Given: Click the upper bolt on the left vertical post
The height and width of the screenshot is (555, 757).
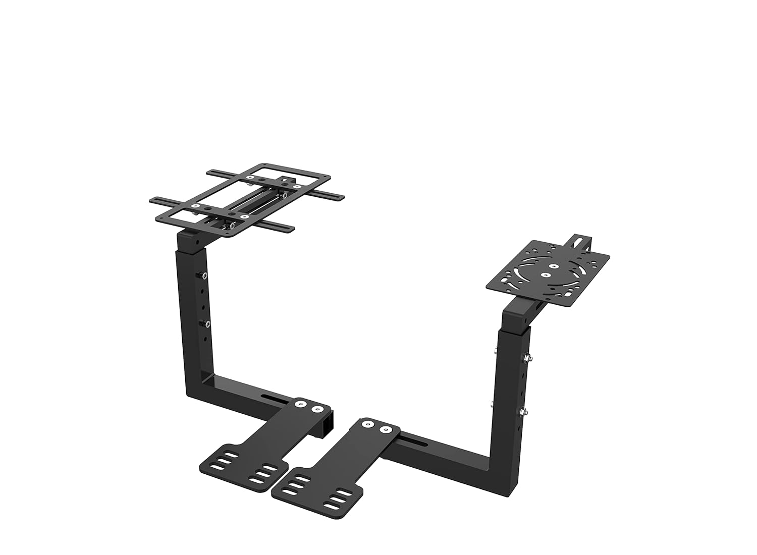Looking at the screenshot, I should click(x=203, y=275).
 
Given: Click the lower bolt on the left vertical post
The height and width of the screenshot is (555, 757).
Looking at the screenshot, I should click(x=205, y=323).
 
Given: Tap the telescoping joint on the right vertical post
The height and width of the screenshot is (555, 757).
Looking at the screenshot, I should click(x=515, y=328).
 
